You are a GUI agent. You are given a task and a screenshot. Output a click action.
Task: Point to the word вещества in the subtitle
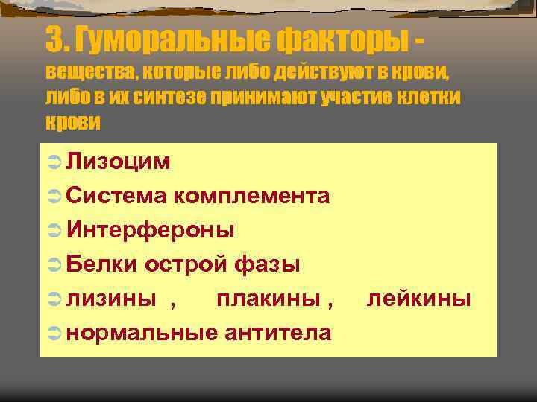(x=89, y=73)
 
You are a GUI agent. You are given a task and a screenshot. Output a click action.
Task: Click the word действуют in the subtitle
(x=321, y=73)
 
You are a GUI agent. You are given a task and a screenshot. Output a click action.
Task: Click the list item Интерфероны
(x=150, y=230)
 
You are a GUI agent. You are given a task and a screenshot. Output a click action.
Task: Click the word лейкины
(x=419, y=299)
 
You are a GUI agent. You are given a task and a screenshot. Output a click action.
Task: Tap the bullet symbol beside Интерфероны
(x=53, y=231)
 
